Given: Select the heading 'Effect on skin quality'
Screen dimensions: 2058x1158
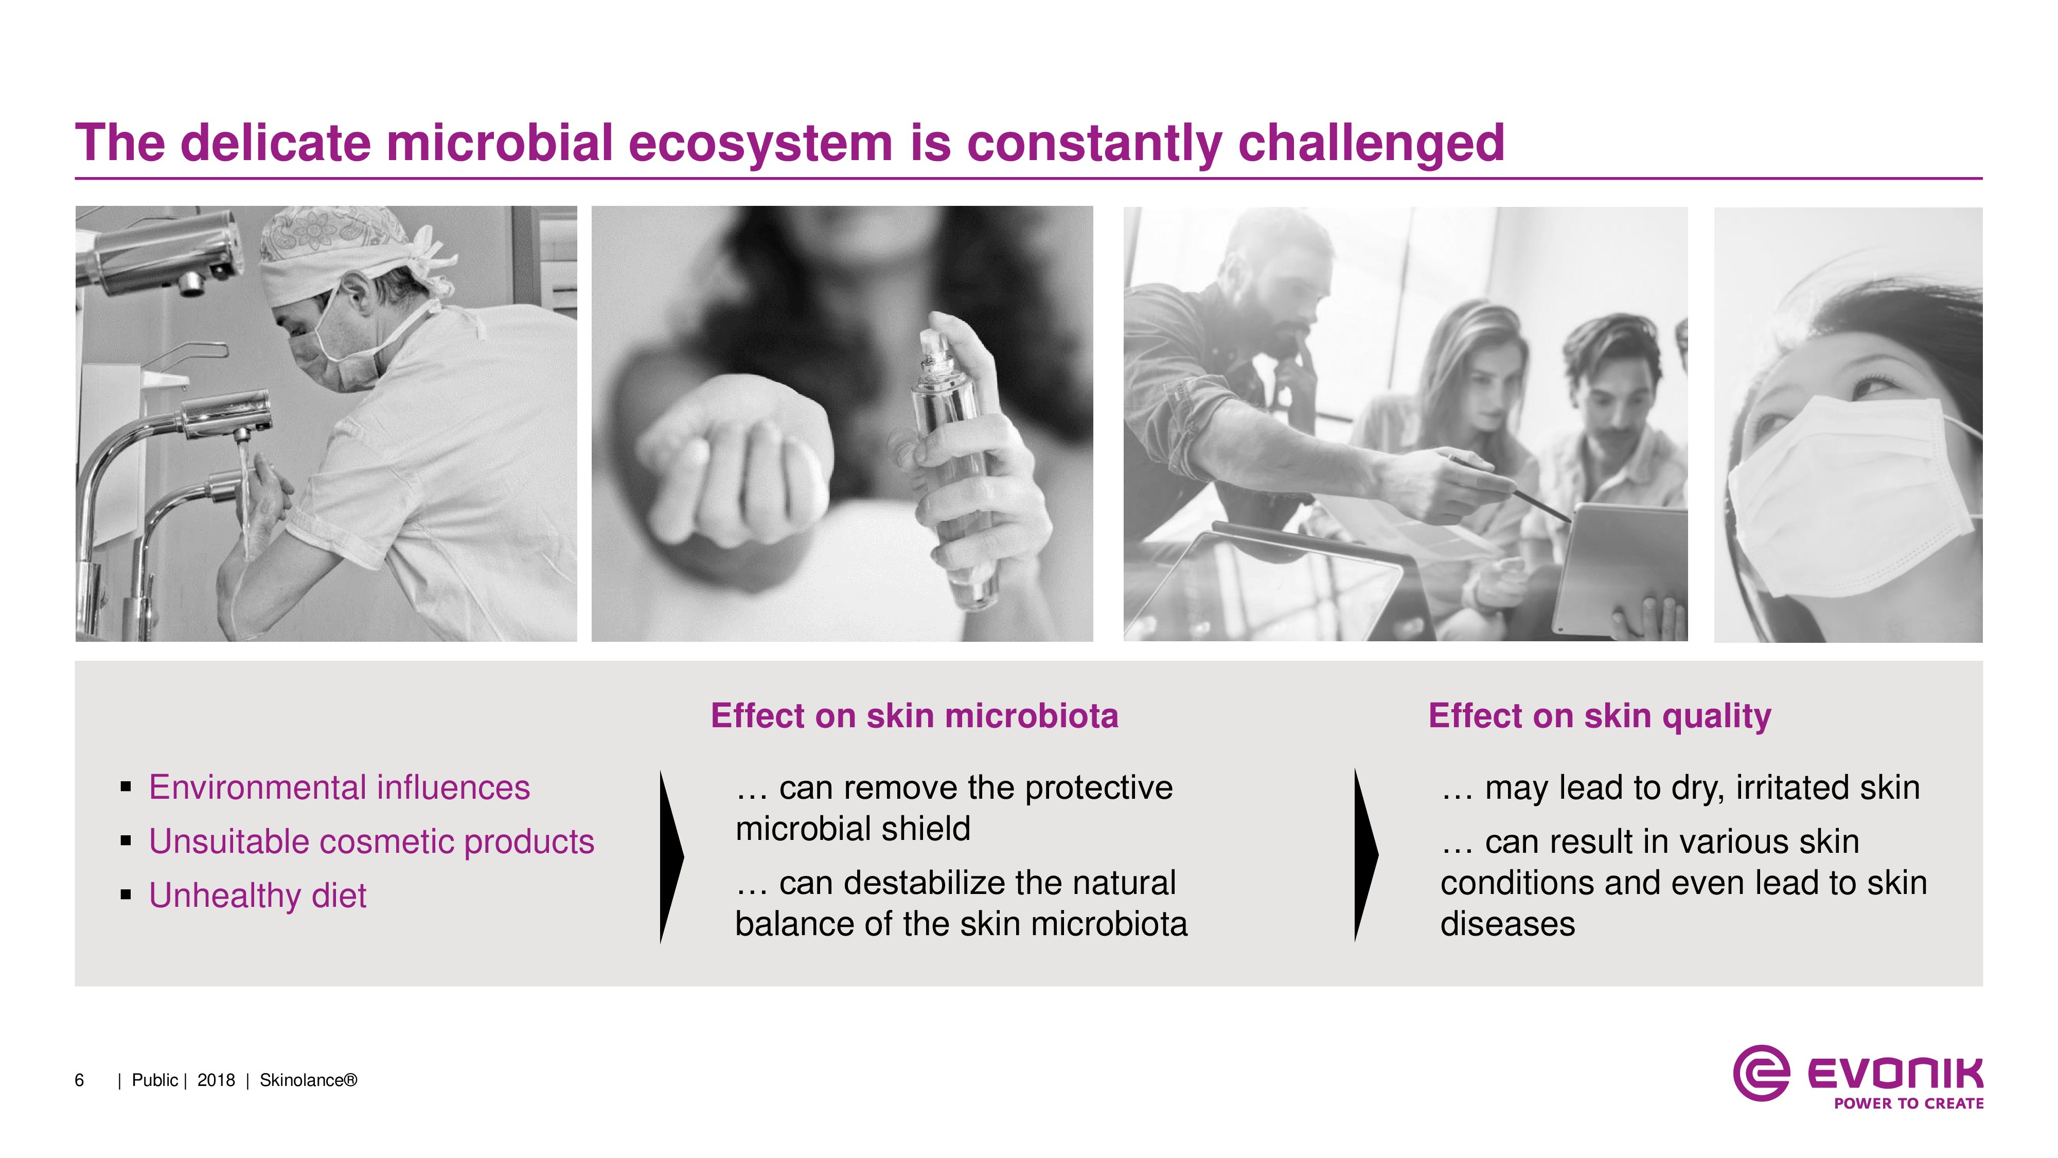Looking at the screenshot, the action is [x=1600, y=716].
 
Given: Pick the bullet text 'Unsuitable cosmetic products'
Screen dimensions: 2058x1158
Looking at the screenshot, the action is [x=371, y=841].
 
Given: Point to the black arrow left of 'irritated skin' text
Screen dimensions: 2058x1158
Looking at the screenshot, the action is [x=1366, y=855].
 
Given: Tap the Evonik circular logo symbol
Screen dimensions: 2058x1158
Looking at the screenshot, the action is [x=1761, y=1073].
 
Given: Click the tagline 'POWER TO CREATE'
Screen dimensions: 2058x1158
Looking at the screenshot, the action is [x=1909, y=1103].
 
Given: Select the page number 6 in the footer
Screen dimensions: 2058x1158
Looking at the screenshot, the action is [x=79, y=1080].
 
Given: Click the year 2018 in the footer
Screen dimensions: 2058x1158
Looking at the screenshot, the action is [x=216, y=1080].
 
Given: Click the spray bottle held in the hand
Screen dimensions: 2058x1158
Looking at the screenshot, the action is [x=952, y=464].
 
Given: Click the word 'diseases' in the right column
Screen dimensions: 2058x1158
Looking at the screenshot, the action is [x=1507, y=925].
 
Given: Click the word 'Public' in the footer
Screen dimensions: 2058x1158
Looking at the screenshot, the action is [x=155, y=1080].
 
